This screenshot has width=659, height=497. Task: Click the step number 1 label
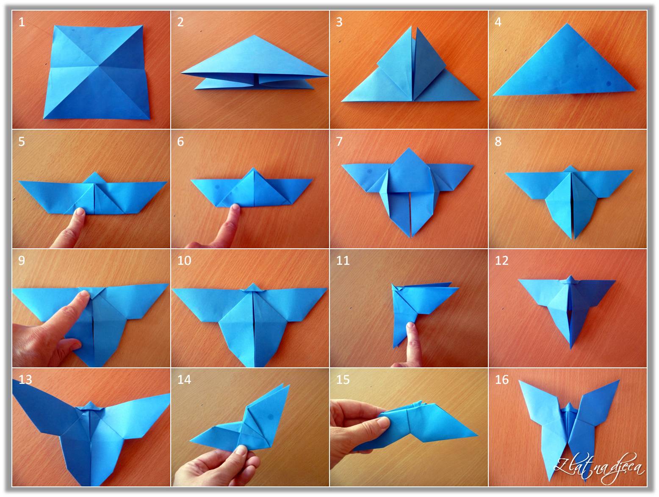coord(22,22)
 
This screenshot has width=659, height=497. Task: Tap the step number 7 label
coord(339,142)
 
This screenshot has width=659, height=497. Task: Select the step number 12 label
coord(501,261)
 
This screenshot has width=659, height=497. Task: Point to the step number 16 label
coord(501,380)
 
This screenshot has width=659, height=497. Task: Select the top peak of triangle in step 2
coord(253,36)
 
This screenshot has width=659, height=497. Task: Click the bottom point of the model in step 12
coord(571,348)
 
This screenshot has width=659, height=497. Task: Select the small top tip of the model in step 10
coord(252,285)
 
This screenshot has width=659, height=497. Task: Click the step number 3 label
coord(339,22)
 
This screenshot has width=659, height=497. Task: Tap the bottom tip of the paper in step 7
coord(410,236)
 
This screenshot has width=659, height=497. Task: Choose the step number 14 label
coord(184,380)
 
